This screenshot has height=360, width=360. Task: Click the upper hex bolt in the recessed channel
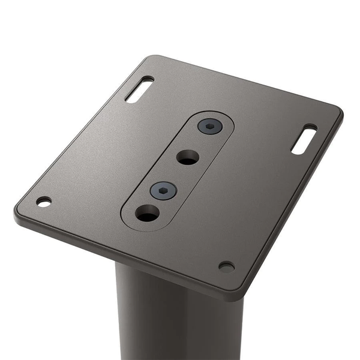tap(209, 127)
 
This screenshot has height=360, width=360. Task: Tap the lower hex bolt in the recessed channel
tap(164, 191)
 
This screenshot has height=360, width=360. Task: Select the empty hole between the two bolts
tap(188, 158)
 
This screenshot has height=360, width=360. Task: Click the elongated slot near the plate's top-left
tap(139, 89)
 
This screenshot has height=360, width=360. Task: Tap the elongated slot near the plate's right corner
tap(304, 139)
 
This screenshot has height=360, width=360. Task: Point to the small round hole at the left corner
tap(44, 202)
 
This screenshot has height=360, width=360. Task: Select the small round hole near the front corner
tap(226, 266)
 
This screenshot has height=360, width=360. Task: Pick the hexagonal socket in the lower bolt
tap(164, 190)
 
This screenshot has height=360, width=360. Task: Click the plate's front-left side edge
tap(120, 254)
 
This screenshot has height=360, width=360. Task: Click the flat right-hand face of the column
tap(222, 330)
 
